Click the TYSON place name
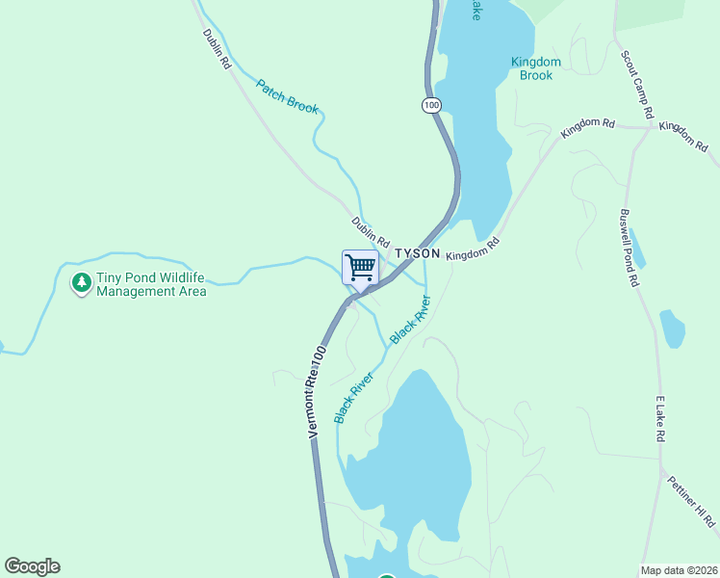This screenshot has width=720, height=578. coord(417,253)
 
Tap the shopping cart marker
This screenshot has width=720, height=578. coord(360,267)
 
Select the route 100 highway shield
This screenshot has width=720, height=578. coord(430,104)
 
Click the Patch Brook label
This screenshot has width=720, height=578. coord(287,95)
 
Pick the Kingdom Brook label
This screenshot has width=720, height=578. coord(536,68)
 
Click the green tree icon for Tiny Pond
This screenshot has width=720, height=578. coord(82,283)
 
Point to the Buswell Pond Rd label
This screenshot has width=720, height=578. coord(630,249)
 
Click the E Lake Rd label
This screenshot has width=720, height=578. coord(660,418)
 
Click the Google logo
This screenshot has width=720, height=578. coord(32,566)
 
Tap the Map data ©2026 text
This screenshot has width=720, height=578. coord(679,570)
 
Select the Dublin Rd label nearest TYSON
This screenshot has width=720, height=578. coord(371,231)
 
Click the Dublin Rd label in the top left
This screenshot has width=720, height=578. coord(218,47)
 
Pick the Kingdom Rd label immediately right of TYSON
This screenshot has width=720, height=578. coord(476,249)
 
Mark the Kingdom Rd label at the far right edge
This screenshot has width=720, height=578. coord(684,136)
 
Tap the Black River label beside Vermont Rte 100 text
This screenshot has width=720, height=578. coord(353,398)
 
